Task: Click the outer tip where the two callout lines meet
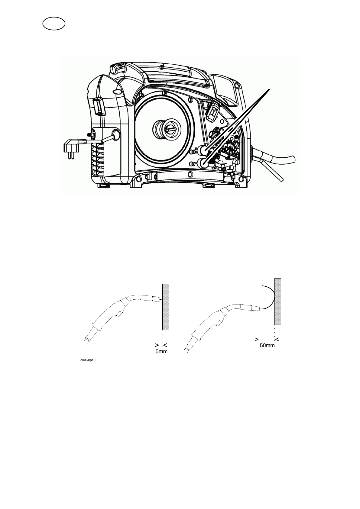point(269,90)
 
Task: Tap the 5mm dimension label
point(161,351)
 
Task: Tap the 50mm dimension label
point(267,345)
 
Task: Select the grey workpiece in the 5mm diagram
point(166,307)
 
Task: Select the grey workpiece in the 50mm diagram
point(278,301)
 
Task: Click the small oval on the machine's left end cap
point(116,91)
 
